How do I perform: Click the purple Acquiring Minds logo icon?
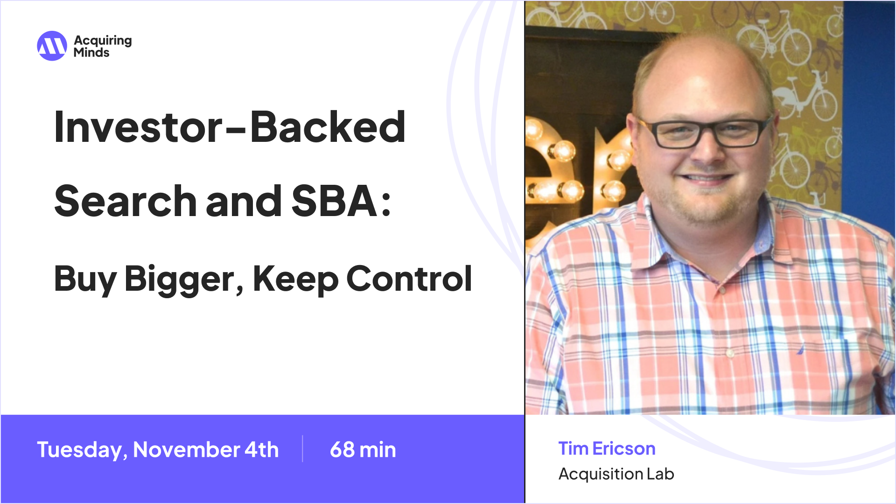point(52,46)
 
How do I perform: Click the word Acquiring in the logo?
point(103,41)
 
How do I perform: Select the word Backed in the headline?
point(328,127)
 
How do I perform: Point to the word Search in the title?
point(125,202)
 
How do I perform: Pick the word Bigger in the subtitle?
point(180,279)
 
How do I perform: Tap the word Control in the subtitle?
point(409,279)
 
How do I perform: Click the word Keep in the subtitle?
point(295,279)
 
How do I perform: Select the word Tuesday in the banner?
point(80,450)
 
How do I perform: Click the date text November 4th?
point(206,450)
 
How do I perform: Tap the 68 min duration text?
point(363,450)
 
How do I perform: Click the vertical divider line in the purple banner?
point(302,449)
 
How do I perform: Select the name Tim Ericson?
point(607,448)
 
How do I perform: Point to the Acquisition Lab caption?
point(616,474)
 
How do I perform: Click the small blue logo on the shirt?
point(800,349)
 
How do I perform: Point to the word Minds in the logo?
point(91,53)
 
